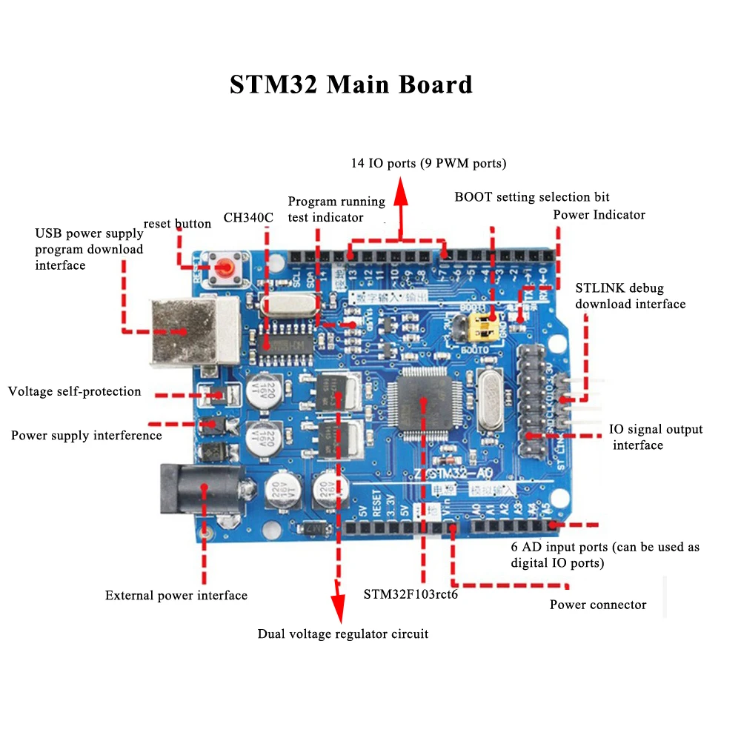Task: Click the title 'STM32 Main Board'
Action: [350, 84]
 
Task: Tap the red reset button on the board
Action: [223, 267]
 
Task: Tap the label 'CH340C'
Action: [248, 219]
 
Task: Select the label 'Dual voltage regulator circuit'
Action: [342, 634]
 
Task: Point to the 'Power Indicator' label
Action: [599, 215]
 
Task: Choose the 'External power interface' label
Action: [176, 595]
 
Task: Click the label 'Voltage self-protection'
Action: [75, 391]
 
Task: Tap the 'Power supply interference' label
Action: [86, 435]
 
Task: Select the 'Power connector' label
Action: [597, 605]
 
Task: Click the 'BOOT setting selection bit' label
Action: [531, 196]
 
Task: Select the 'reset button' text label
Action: [177, 224]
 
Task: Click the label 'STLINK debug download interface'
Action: [629, 296]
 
